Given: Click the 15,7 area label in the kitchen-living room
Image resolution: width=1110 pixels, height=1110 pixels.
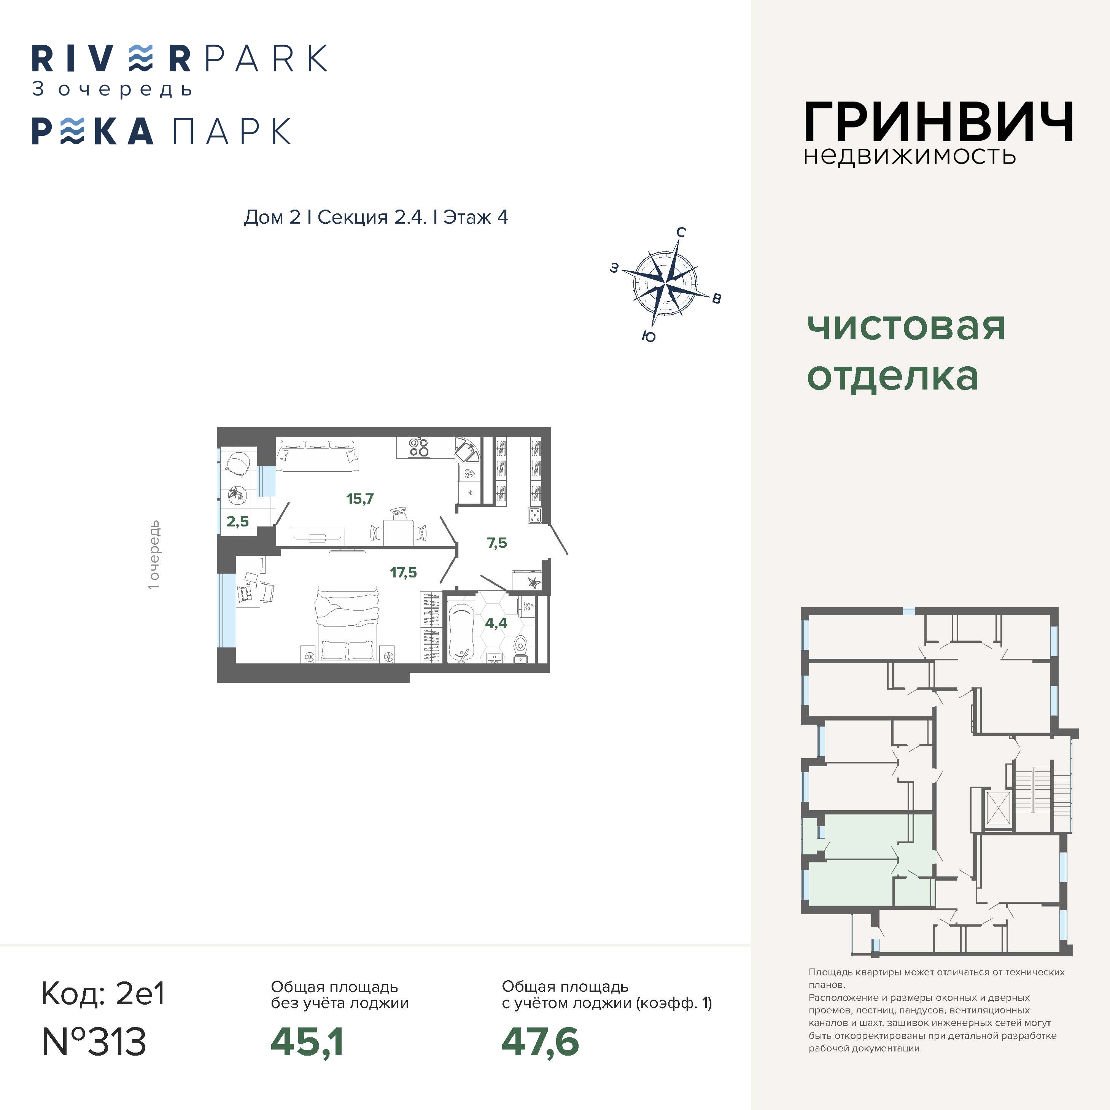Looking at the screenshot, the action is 359,499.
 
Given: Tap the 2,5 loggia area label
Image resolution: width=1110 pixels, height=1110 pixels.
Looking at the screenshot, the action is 237,521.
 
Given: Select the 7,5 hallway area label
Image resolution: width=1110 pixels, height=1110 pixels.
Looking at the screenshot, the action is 497,543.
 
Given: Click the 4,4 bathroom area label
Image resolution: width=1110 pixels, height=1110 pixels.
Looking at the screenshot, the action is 496,623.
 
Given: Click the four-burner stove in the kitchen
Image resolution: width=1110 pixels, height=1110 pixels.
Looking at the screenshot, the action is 419,447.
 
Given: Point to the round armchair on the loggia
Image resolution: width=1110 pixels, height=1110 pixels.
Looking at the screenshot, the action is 238,463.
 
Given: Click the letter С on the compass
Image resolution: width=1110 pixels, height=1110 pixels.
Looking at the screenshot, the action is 681,232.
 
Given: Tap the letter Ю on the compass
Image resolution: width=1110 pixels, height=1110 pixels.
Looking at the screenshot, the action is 649,337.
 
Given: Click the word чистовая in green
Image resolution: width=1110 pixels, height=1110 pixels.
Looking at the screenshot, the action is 906,328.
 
